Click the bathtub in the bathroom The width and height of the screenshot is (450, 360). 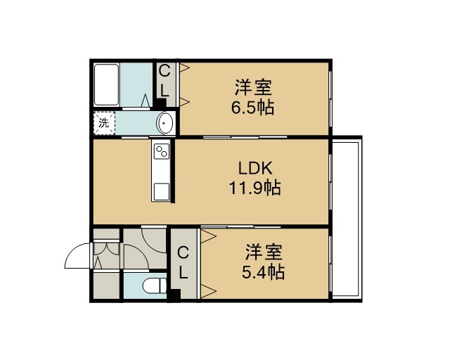tap(106, 84)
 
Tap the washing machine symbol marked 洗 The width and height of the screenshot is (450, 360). tap(104, 123)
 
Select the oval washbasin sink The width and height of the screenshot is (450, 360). tap(165, 123)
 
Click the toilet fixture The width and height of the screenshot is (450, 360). tap(155, 285)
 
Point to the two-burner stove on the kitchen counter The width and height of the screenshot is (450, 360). tap(162, 151)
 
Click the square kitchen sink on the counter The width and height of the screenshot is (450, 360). tap(162, 191)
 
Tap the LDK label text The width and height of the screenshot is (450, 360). tap(255, 169)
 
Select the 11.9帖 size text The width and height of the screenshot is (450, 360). tap(255, 188)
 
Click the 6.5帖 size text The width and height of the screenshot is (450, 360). tap(253, 108)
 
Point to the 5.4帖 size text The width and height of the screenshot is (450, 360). tap(263, 272)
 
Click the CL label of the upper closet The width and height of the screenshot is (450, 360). tap(165, 81)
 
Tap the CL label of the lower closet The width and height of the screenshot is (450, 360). tap(183, 263)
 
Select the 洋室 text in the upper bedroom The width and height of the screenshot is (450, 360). tap(253, 87)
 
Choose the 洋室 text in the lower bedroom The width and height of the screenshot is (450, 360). tap(264, 252)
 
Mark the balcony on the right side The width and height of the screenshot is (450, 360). tap(346, 219)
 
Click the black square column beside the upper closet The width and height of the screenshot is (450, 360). tap(161, 103)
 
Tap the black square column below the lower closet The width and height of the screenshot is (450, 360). tap(174, 295)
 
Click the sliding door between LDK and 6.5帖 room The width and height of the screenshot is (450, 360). tap(245, 137)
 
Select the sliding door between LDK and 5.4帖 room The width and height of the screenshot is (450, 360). tap(240, 227)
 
